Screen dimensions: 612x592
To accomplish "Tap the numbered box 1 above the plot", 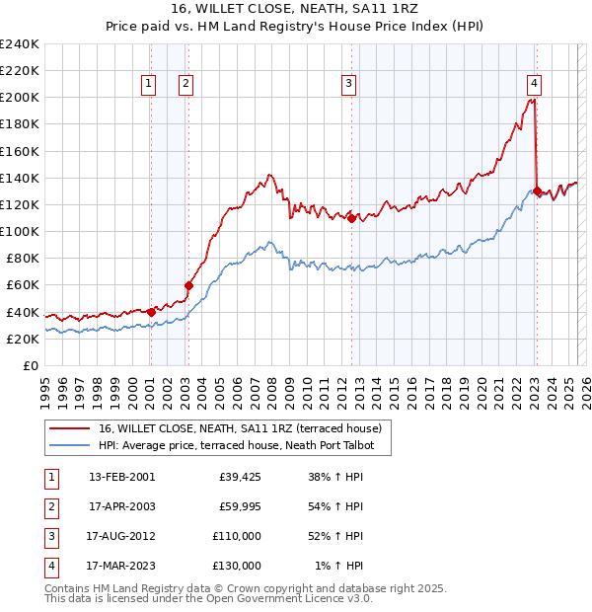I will (148, 85).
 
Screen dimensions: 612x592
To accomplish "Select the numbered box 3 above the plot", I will (348, 85).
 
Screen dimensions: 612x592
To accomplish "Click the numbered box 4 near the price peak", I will (533, 85).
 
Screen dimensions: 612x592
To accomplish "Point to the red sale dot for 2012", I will (352, 218).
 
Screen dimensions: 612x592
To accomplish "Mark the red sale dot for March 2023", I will (536, 191).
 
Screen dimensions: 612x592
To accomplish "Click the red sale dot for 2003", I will (189, 285).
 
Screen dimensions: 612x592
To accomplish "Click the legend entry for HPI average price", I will (244, 445).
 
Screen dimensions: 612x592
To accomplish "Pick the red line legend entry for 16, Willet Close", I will (245, 428).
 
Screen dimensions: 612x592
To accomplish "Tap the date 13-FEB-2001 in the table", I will (121, 477).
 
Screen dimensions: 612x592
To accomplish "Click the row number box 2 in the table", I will (49, 506).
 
